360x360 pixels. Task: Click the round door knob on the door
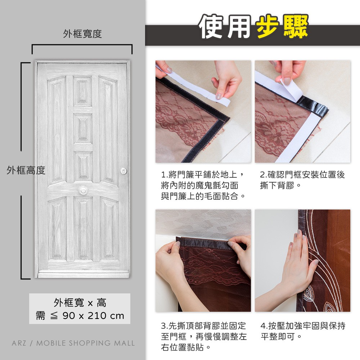pyautogui.click(x=83, y=190)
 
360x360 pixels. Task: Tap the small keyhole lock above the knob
pyautogui.click(x=123, y=171)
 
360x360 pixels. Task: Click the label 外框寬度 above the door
pyautogui.click(x=82, y=34)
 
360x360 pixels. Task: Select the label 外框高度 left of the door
pyautogui.click(x=26, y=170)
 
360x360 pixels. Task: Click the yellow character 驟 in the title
pyautogui.click(x=295, y=26)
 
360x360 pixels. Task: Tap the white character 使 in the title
pyautogui.click(x=212, y=26)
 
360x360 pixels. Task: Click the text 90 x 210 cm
pyautogui.click(x=93, y=316)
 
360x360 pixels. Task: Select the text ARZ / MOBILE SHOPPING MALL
pyautogui.click(x=73, y=343)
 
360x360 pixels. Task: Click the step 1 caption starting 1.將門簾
pyautogui.click(x=203, y=185)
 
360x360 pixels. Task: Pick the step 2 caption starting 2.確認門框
pyautogui.click(x=302, y=180)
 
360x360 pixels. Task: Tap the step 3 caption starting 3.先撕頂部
pyautogui.click(x=204, y=337)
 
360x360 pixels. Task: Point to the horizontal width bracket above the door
pyautogui.click(x=82, y=45)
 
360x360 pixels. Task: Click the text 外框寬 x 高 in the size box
pyautogui.click(x=80, y=303)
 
